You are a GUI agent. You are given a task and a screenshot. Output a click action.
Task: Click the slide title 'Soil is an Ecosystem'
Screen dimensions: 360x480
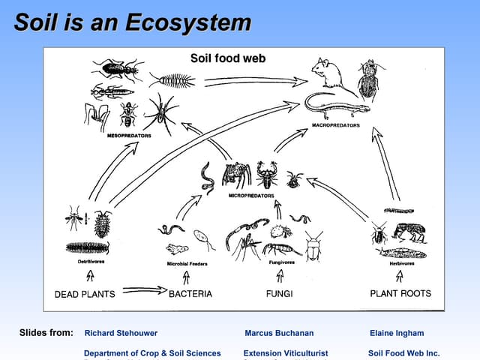click(132, 22)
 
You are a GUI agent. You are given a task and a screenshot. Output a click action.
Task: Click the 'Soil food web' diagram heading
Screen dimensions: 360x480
click(228, 58)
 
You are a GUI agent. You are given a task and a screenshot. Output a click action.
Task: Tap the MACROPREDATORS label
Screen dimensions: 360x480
click(335, 125)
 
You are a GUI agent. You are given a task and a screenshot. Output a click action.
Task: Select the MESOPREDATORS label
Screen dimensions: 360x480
click(129, 136)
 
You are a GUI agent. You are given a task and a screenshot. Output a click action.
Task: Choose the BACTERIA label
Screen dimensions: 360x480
click(190, 294)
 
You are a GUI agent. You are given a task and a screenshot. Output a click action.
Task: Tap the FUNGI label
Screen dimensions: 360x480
click(279, 294)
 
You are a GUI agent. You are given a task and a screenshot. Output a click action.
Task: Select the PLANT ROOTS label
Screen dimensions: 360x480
click(400, 293)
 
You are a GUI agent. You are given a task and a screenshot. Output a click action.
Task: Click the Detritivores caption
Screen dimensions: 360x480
click(91, 262)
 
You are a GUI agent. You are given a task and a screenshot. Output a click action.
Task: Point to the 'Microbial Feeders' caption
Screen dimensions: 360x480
click(187, 264)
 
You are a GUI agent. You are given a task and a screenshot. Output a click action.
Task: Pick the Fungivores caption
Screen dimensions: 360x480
click(282, 262)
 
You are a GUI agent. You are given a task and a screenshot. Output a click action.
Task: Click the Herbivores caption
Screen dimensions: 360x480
click(402, 262)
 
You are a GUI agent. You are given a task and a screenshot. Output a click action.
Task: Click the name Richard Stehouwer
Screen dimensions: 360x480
click(121, 333)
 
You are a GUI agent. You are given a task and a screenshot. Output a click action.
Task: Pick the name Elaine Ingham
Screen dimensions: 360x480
click(397, 333)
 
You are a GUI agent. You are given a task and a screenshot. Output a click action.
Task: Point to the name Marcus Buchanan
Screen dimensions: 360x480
click(279, 333)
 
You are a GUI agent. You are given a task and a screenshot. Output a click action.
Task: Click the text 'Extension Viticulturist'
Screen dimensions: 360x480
click(286, 353)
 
